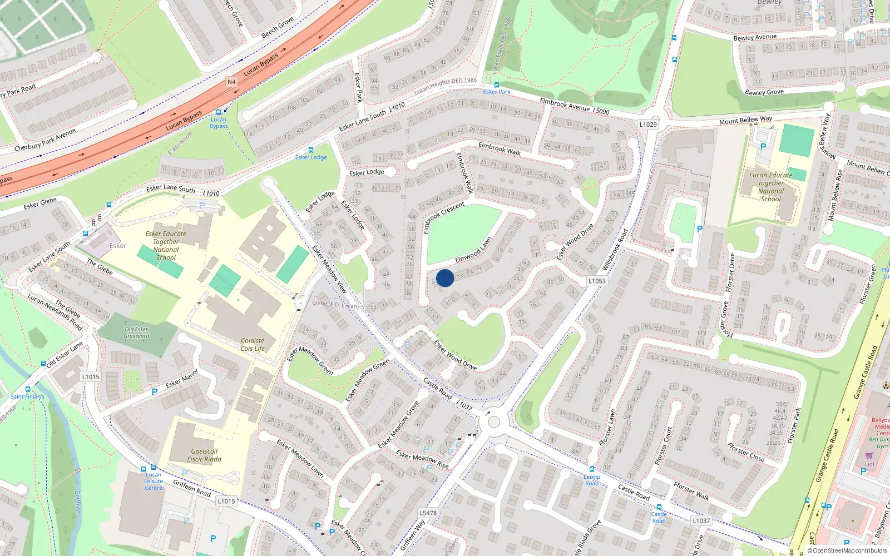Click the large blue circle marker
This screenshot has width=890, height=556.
(445, 278)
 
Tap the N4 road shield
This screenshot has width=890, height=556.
(231, 82)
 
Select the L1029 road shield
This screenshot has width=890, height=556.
(648, 125)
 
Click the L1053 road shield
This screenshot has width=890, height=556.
(597, 281)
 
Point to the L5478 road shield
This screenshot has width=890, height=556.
(428, 513)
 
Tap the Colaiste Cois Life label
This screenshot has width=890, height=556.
(253, 345)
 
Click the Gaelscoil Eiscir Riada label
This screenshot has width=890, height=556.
(204, 455)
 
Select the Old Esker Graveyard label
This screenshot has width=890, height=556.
(136, 332)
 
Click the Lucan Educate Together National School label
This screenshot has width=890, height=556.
(771, 187)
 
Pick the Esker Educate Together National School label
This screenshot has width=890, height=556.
(166, 246)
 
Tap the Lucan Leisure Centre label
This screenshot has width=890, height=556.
(154, 481)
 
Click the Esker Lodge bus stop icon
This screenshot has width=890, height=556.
(310, 150)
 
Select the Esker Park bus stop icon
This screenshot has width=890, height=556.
(496, 85)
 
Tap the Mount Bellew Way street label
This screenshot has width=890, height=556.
(745, 121)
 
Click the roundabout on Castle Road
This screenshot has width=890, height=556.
(493, 422)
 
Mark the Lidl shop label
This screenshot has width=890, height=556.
(869, 464)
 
